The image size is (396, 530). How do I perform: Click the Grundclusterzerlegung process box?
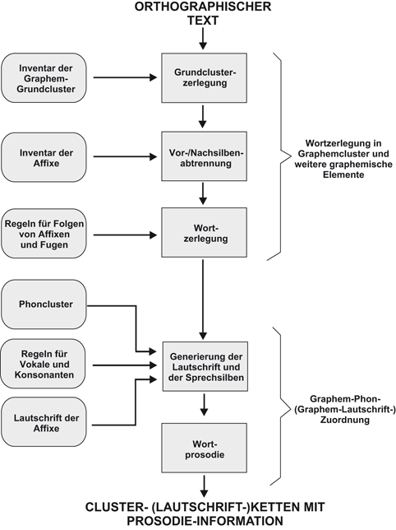(x=202, y=78)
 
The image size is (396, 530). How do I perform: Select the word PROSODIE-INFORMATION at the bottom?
(x=202, y=520)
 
